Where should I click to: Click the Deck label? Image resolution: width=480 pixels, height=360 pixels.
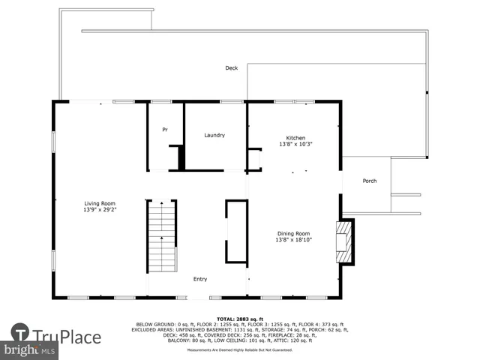[x=232, y=68]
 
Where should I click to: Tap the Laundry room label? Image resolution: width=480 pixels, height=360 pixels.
[x=214, y=135]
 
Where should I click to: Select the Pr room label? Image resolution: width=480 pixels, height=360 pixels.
[x=165, y=130]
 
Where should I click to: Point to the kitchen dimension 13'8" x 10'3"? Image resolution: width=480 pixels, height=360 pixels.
[x=295, y=144]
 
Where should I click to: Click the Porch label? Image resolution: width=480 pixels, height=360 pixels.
[x=369, y=181]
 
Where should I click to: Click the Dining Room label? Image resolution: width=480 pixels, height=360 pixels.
[x=292, y=233]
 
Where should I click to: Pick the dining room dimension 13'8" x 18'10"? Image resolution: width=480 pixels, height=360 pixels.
[x=293, y=240]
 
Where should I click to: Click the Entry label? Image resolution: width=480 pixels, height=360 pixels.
[x=200, y=279]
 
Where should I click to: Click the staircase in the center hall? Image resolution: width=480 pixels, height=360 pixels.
[x=161, y=236]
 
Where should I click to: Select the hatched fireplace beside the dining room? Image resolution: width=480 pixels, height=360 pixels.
[x=344, y=241]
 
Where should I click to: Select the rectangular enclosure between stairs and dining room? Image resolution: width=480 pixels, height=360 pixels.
[x=236, y=231]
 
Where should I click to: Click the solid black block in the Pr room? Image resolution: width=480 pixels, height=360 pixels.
[x=181, y=157]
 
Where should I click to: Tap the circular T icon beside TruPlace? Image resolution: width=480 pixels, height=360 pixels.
[x=20, y=333]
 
